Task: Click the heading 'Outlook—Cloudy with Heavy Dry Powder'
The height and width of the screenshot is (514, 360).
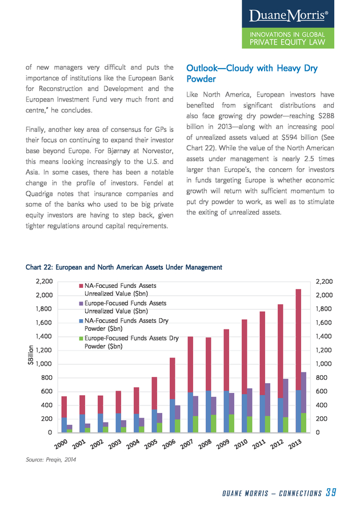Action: click(x=252, y=74)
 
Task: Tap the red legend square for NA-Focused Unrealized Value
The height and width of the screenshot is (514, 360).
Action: click(x=81, y=286)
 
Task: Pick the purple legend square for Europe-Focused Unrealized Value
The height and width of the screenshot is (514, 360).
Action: click(x=81, y=304)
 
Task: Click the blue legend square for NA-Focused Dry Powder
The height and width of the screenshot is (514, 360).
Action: click(x=81, y=321)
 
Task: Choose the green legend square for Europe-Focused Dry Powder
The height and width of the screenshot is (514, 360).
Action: click(x=81, y=338)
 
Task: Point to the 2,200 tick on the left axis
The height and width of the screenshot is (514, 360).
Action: click(x=44, y=281)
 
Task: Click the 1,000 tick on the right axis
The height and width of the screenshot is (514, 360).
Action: click(x=324, y=364)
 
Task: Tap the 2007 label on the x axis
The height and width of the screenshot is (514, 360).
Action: click(x=186, y=444)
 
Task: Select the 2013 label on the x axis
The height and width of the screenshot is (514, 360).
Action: click(x=295, y=444)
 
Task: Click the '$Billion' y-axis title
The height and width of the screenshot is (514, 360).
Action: click(x=31, y=355)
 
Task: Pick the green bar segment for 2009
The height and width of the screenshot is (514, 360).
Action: click(x=231, y=423)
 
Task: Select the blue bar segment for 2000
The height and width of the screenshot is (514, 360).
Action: click(x=64, y=425)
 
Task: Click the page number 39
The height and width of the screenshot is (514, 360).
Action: click(x=331, y=492)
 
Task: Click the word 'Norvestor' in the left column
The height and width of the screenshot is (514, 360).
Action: click(x=157, y=151)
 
